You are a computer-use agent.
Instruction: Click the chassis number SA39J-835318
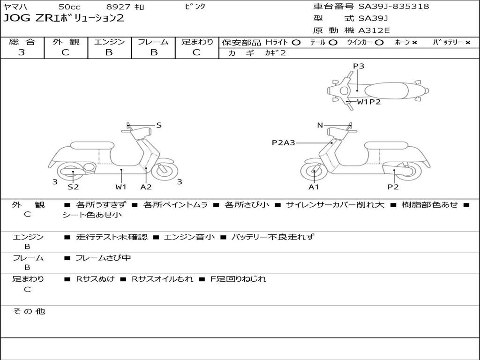tap(394, 6)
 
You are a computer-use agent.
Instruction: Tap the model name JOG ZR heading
tap(64, 18)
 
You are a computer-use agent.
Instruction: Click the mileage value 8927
tap(118, 7)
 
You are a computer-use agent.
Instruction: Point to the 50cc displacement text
tap(69, 7)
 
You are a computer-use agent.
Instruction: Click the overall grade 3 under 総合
tap(22, 52)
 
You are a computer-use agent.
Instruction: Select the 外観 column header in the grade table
tap(66, 42)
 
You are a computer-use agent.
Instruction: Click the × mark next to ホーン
tap(414, 43)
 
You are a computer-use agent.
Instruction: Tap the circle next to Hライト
tap(296, 43)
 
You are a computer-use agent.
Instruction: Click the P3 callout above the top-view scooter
tap(359, 66)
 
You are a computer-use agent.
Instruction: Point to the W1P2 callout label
tap(368, 102)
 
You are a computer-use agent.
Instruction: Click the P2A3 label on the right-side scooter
tap(284, 142)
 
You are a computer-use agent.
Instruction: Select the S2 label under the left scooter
tap(73, 187)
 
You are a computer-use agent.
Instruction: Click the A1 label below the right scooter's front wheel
tap(314, 187)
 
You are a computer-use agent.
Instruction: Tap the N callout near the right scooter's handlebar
tap(320, 125)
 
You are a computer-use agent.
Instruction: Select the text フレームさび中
tap(103, 258)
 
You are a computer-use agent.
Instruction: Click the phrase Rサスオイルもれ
tap(162, 279)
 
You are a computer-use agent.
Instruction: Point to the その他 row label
tap(29, 311)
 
